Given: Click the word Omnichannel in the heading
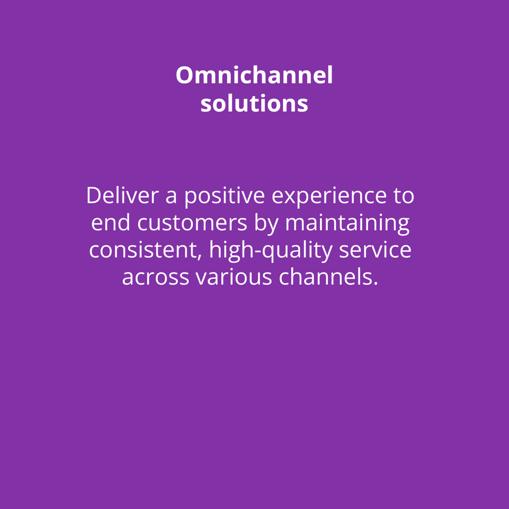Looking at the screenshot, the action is coord(254,75).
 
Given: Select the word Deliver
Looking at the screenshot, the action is coord(123,196).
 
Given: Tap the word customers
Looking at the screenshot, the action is coord(192,223).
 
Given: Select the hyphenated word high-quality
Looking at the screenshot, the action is coord(271,251).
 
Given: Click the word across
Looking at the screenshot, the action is coord(155,277).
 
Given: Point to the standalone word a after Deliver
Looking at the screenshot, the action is coord(171,197).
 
